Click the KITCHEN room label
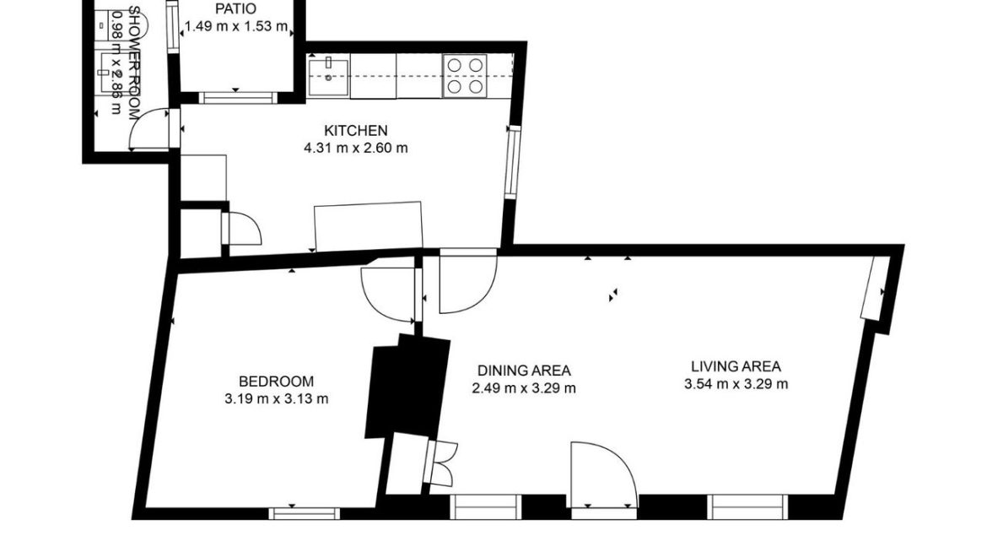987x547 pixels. [355, 130]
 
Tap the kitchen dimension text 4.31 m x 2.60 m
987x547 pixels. [355, 148]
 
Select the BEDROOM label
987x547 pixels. [276, 381]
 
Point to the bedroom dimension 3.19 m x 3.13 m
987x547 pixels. [276, 398]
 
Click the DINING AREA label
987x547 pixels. [524, 371]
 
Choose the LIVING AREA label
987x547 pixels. [736, 366]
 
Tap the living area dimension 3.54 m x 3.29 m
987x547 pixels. [736, 384]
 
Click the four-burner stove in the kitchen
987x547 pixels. [465, 75]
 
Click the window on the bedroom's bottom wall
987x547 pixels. [305, 512]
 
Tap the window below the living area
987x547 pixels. [748, 506]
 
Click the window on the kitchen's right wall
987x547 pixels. [511, 162]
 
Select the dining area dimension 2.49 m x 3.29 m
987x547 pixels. [524, 388]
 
